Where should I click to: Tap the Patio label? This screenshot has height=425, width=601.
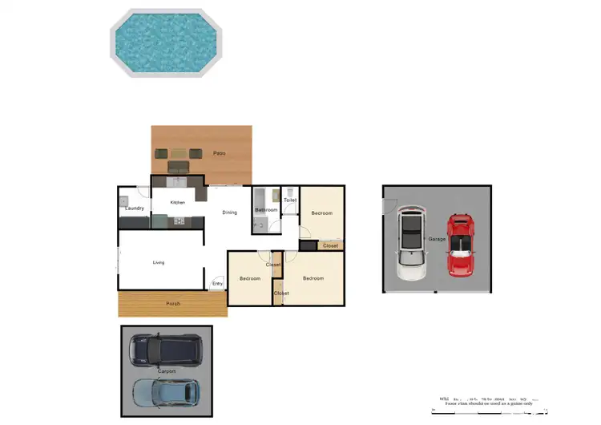pyautogui.click(x=219, y=152)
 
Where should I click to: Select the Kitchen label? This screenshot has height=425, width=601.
pyautogui.click(x=178, y=202)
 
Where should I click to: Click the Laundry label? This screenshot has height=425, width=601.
pyautogui.click(x=135, y=208)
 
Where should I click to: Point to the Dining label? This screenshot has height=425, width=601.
pyautogui.click(x=230, y=212)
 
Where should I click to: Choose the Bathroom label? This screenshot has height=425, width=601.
pyautogui.click(x=266, y=210)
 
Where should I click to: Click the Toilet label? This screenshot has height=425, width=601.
pyautogui.click(x=290, y=200)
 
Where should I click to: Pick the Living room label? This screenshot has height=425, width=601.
pyautogui.click(x=159, y=262)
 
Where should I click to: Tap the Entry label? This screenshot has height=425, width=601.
pyautogui.click(x=217, y=283)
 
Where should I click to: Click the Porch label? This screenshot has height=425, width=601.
pyautogui.click(x=173, y=304)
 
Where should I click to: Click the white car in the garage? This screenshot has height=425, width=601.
pyautogui.click(x=412, y=244)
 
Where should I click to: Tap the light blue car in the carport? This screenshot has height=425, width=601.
pyautogui.click(x=165, y=391)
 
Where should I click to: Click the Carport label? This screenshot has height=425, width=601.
pyautogui.click(x=167, y=372)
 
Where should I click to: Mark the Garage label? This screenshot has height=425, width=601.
pyautogui.click(x=437, y=239)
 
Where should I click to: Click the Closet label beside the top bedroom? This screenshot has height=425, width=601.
pyautogui.click(x=330, y=245)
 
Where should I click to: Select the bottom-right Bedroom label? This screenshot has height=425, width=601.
pyautogui.click(x=313, y=278)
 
